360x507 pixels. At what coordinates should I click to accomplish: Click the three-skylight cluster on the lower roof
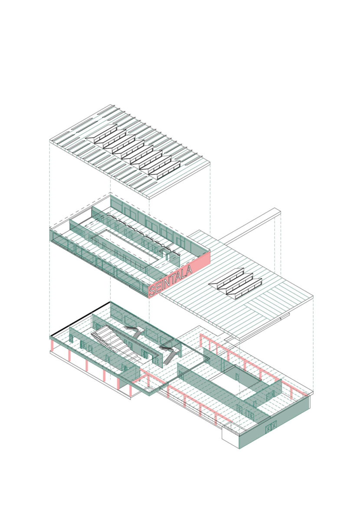coord(236,283)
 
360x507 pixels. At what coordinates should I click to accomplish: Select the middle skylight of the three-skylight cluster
coord(237,283)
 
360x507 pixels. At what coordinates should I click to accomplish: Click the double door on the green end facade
coord(271,428)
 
